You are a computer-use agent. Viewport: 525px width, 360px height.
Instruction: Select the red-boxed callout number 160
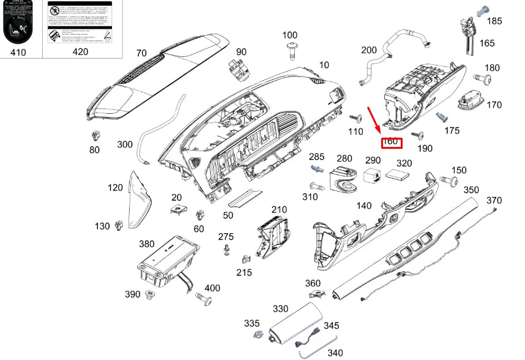point(390,143)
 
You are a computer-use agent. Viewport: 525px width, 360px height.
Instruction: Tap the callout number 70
point(141,53)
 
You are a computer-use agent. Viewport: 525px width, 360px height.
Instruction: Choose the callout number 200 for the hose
point(368,50)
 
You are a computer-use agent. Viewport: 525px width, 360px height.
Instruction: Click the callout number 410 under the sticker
point(18,53)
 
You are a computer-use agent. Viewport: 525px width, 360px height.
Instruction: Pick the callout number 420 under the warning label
point(80,52)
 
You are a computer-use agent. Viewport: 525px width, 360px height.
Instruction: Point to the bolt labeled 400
point(204,299)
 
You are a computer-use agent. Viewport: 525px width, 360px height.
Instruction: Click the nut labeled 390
point(150,296)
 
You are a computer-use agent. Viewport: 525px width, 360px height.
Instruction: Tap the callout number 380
point(146,244)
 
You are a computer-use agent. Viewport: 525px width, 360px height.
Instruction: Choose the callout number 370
point(494,201)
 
